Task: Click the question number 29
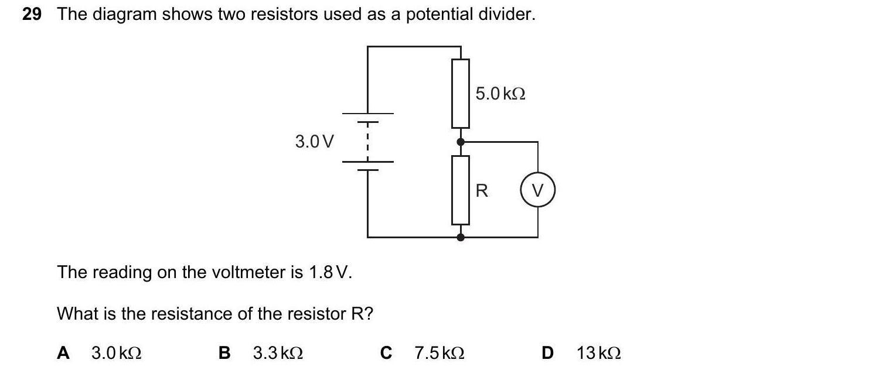tap(32, 15)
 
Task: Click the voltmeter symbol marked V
tap(537, 191)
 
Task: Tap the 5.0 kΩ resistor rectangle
tap(461, 93)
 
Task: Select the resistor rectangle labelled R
tap(461, 190)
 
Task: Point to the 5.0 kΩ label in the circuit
tap(500, 94)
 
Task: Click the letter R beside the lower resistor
tap(482, 191)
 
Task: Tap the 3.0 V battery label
tap(315, 142)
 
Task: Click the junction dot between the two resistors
tap(461, 142)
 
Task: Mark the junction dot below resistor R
tap(461, 237)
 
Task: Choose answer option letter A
tap(63, 353)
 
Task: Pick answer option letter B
tap(224, 353)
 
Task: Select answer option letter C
tap(386, 353)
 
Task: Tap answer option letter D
tap(547, 353)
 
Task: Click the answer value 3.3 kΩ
tap(278, 353)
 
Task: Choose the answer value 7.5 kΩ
tap(439, 353)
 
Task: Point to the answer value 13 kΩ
tap(598, 353)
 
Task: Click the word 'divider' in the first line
tap(506, 15)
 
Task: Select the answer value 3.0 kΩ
tap(117, 353)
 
